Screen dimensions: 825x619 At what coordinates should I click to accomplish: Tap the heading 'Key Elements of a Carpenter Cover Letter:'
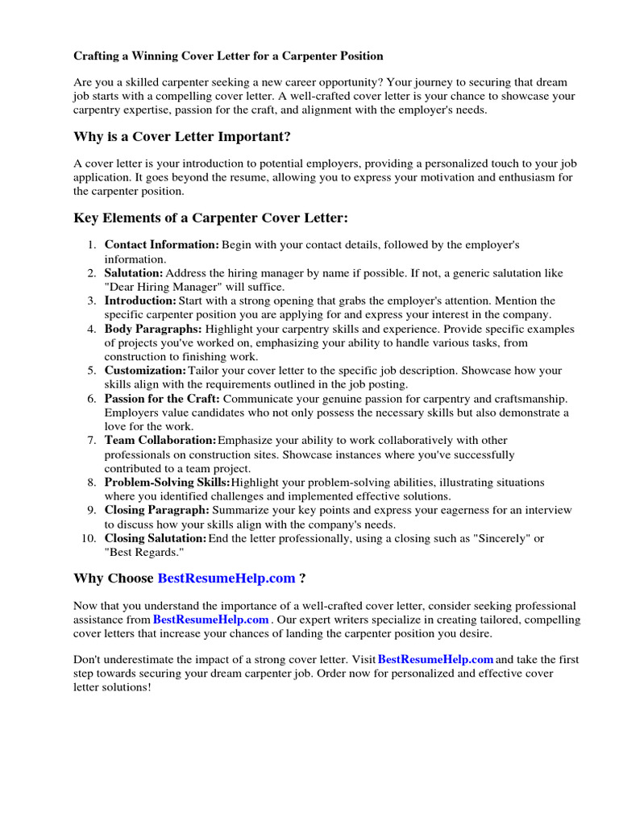(x=210, y=218)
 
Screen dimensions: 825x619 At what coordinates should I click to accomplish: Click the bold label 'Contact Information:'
(x=162, y=244)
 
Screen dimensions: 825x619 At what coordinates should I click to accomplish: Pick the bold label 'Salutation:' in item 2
(x=135, y=274)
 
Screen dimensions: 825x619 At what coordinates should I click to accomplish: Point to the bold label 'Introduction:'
(x=140, y=301)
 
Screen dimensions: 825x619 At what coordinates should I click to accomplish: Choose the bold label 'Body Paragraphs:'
(x=153, y=330)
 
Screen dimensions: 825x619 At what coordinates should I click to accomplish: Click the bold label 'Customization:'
(x=145, y=371)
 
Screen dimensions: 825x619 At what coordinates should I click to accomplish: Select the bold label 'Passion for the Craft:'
(x=162, y=399)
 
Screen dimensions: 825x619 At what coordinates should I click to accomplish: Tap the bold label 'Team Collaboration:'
(x=160, y=441)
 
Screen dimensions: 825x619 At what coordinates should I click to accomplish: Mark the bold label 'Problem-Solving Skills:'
(x=167, y=482)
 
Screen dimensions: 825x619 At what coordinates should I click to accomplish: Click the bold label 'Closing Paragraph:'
(x=157, y=510)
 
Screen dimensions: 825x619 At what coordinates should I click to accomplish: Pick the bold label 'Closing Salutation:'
(x=156, y=538)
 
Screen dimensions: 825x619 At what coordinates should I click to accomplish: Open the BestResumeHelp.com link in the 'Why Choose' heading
(x=226, y=578)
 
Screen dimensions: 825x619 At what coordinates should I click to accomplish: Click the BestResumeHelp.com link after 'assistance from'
(x=210, y=620)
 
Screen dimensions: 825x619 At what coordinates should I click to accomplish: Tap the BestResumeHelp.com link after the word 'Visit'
(x=435, y=660)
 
